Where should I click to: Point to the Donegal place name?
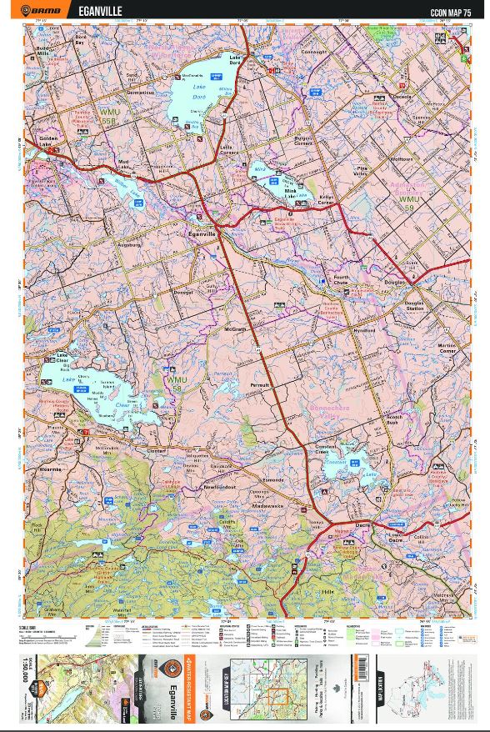point(182,292)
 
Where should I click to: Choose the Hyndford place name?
point(363,330)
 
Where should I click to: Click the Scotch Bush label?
point(394,419)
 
